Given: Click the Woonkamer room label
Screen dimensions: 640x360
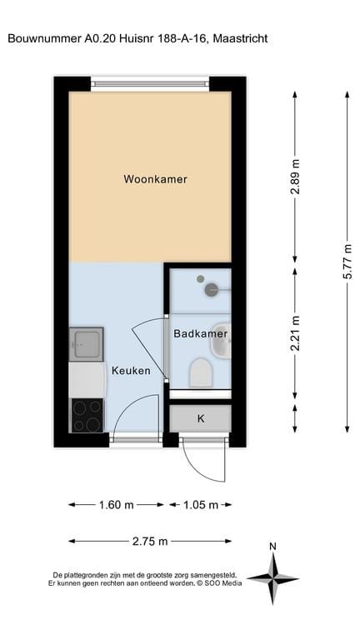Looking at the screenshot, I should pyautogui.click(x=155, y=179).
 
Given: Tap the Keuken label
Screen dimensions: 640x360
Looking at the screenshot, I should pyautogui.click(x=131, y=371).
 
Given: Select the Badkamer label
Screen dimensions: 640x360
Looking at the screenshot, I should pyautogui.click(x=200, y=333).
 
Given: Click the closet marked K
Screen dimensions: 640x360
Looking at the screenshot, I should pyautogui.click(x=201, y=418).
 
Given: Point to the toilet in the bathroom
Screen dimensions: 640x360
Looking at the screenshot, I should pyautogui.click(x=200, y=373).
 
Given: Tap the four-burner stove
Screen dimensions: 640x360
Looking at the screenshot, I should pyautogui.click(x=86, y=414).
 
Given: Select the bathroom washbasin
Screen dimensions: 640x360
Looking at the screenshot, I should pyautogui.click(x=222, y=340).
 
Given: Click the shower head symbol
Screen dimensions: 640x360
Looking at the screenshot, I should pyautogui.click(x=212, y=289).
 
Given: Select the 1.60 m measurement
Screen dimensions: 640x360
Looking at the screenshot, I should pyautogui.click(x=116, y=505).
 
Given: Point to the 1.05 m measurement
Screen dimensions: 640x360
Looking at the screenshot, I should pyautogui.click(x=201, y=505).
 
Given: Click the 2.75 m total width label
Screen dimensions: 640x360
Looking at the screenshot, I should pyautogui.click(x=150, y=542).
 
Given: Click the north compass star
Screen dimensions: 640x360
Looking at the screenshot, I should pyautogui.click(x=272, y=577).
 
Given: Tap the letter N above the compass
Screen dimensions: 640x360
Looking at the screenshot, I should pyautogui.click(x=272, y=547).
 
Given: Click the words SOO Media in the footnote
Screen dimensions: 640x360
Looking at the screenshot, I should pyautogui.click(x=222, y=583).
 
